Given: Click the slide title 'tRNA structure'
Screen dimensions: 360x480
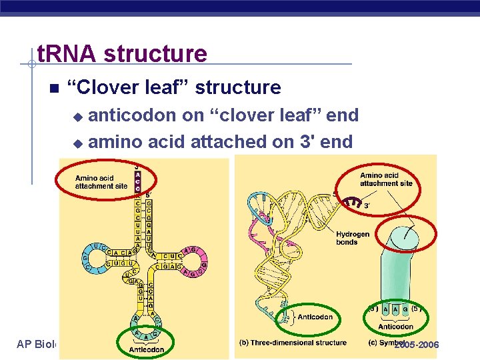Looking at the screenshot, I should click(x=121, y=53).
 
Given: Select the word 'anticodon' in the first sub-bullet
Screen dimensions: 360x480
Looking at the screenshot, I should click(x=133, y=115).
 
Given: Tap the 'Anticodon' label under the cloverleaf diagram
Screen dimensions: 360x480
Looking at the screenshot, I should click(x=146, y=349).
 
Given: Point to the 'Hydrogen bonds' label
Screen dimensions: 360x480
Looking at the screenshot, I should click(x=352, y=238).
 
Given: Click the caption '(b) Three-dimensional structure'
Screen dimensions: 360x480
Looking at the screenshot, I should click(x=293, y=343).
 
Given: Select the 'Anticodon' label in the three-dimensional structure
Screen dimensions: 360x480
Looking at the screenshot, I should click(x=315, y=317).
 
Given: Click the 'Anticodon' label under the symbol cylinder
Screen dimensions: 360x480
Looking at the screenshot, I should click(x=395, y=327).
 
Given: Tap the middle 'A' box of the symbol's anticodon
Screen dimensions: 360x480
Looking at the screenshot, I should click(x=395, y=309).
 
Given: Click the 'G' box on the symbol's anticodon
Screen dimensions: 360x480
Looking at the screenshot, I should click(x=406, y=309).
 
